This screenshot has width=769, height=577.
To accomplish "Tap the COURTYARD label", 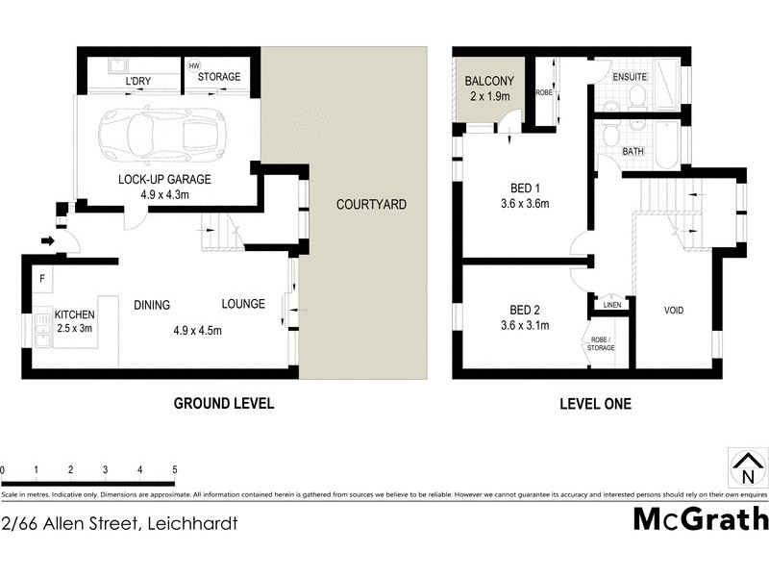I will point(371,205).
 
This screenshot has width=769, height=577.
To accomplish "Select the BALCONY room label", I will point(489,82).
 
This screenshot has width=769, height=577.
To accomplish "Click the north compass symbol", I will point(746,467).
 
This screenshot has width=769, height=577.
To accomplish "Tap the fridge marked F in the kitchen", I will point(43,280).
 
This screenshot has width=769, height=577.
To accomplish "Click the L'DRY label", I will point(140,83).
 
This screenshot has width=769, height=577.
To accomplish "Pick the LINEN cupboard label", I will point(612,305).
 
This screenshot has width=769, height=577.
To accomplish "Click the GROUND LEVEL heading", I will point(223,404).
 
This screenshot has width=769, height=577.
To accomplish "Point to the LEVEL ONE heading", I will point(595,404).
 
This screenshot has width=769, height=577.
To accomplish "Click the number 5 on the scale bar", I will point(175,469).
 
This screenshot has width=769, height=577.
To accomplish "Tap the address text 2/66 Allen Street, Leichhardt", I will point(119,524).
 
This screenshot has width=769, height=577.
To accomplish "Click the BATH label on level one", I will point(633,151).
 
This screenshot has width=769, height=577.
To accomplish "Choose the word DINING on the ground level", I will point(152,305).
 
